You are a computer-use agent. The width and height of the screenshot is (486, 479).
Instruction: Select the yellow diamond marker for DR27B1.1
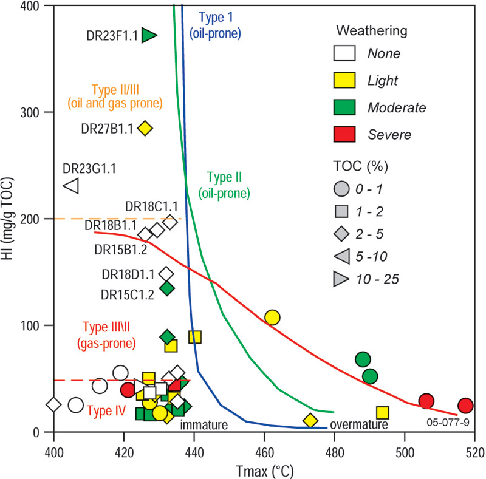coord(145,128)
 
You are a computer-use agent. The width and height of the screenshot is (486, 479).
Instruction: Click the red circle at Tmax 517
coord(466,406)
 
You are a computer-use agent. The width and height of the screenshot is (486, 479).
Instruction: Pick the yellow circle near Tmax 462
coord(272,318)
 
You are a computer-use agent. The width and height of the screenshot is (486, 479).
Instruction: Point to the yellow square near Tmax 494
coord(383,413)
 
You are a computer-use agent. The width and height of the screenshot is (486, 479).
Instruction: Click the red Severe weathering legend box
coord(344,134)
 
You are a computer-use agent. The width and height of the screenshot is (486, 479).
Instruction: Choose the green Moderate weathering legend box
coord(344,107)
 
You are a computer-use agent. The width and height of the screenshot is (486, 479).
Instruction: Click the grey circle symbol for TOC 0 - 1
coord(344,188)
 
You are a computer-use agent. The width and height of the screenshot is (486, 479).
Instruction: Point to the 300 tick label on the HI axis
coord(32,112)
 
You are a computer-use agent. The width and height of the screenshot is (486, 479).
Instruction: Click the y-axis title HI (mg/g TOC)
coord(11,219)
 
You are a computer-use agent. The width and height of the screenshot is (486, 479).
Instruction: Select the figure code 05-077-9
coord(448,421)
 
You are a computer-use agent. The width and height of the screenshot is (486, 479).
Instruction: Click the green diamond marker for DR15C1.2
coord(167,288)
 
